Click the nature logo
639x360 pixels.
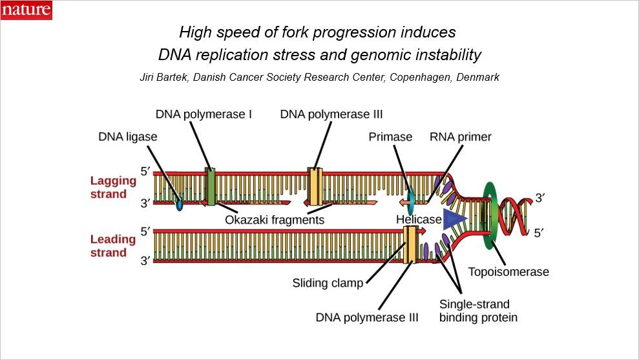pos(26,10)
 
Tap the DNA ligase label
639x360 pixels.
pos(127,136)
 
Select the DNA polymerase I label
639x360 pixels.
pos(204,114)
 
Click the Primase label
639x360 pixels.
pos(390,136)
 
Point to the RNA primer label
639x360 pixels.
pos(461,136)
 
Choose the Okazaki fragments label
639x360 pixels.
pos(274,220)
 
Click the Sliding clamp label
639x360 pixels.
pos(328,283)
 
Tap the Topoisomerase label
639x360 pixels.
pos(508,271)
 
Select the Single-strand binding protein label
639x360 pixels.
pos(478,310)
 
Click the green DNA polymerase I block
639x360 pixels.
pos(210,187)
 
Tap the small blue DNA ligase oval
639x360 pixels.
pos(179,205)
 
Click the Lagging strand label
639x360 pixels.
pos(113,187)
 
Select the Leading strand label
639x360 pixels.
pos(113,246)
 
